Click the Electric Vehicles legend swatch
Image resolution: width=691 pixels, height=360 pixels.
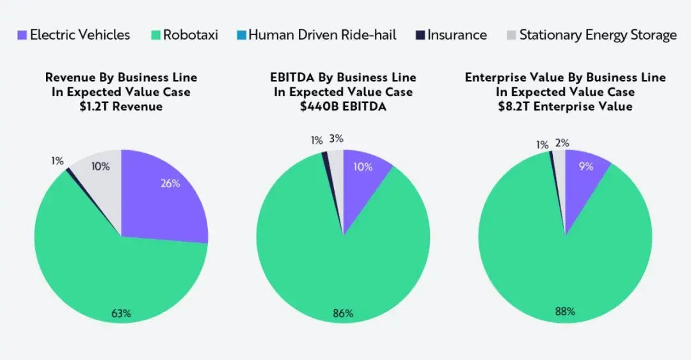coord(22,35)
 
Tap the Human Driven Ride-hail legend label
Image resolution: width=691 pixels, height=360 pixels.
coord(322,35)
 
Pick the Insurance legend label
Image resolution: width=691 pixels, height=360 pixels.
coord(457,35)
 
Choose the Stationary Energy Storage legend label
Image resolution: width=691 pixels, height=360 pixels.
coord(598,35)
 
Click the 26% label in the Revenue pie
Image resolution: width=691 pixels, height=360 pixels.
coord(171,184)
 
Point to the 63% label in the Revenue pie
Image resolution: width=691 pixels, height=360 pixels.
coord(121,313)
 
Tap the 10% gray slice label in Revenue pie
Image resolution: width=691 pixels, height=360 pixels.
coord(100,167)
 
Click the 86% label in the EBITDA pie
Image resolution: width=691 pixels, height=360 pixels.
coord(343,314)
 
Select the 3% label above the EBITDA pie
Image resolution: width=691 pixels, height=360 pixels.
coord(336,138)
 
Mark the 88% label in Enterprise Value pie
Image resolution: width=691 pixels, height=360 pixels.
coord(565,312)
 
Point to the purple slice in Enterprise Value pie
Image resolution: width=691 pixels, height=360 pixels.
coord(582,182)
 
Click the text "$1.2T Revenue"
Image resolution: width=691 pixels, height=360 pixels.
coord(121,106)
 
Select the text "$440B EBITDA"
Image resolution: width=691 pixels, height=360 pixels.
coord(343,106)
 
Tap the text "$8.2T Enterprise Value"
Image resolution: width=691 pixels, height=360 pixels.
coord(565,106)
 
